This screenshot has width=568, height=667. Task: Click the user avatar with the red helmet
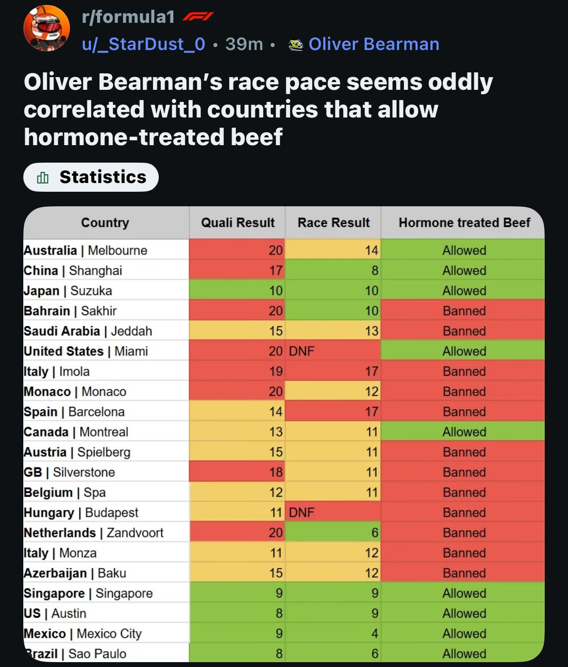pos(47,28)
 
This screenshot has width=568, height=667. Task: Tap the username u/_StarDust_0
pos(144,44)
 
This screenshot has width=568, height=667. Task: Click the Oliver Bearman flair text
pos(373,44)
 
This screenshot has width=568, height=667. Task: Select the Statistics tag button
pos(91,177)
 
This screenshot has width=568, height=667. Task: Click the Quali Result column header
pos(237,223)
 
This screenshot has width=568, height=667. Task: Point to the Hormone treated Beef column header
pos(464,223)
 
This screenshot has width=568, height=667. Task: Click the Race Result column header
pos(334,223)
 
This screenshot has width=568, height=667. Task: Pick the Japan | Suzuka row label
pos(68,291)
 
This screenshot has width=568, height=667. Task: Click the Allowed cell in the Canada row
pos(464,432)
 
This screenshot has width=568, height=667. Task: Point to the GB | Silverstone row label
pos(69,472)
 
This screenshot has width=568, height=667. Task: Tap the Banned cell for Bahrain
pos(464,311)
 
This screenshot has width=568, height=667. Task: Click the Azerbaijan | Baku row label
pos(75,573)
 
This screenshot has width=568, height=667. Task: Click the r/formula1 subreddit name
pos(128,17)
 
